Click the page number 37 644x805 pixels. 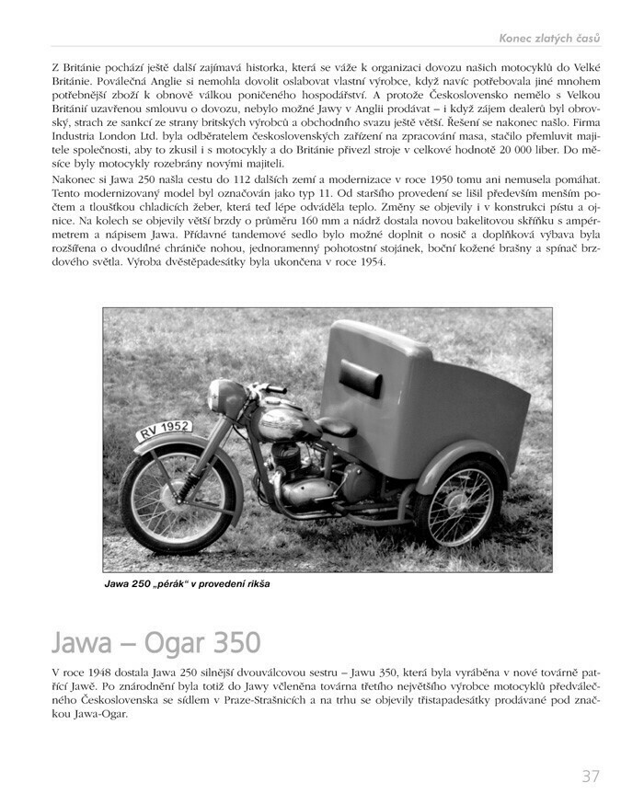click(590, 776)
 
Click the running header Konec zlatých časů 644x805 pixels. click(549, 38)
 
